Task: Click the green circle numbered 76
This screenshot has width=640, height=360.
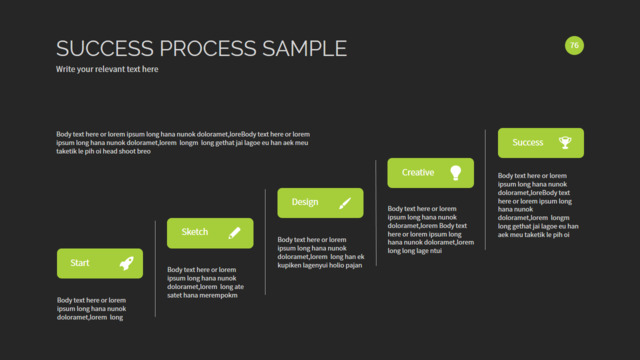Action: [x=574, y=45]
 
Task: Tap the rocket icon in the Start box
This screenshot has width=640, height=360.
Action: [x=127, y=263]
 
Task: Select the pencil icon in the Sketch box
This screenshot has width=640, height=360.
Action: [x=234, y=233]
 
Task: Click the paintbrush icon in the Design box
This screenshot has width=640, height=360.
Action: [x=345, y=203]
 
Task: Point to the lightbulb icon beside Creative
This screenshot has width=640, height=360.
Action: [x=456, y=173]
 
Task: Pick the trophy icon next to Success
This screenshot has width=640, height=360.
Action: [x=565, y=142]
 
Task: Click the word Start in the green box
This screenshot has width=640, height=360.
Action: [x=80, y=263]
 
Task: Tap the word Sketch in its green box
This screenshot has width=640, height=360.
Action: [x=195, y=232]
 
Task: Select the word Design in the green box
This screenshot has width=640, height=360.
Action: [x=305, y=202]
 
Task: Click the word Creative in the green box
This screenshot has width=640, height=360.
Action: [x=418, y=172]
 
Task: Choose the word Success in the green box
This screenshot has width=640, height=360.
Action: [x=528, y=142]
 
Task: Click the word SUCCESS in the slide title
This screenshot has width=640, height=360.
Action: [x=105, y=48]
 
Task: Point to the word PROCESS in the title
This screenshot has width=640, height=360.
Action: [x=208, y=48]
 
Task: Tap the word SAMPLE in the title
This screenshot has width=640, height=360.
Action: [x=304, y=48]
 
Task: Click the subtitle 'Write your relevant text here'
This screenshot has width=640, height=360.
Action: [x=107, y=69]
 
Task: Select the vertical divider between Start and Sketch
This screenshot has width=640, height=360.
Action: [x=155, y=269]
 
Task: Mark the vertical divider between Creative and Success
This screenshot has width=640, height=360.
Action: [x=485, y=190]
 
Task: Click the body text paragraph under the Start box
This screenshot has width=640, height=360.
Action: [x=91, y=309]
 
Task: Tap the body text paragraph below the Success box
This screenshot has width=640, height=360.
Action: [x=538, y=205]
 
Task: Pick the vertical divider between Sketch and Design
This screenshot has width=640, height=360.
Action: [x=265, y=242]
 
